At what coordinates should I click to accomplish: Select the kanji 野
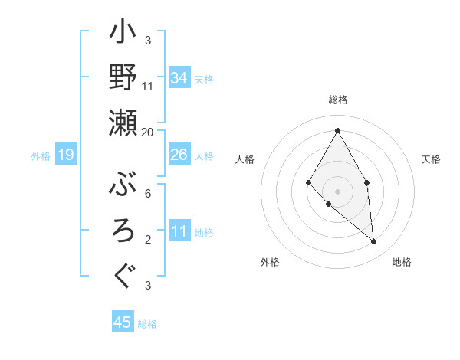click(123, 77)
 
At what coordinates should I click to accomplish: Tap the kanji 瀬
click(123, 122)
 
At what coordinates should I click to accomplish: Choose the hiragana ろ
click(123, 230)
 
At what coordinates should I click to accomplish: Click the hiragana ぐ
click(123, 274)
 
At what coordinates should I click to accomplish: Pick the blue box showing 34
click(179, 78)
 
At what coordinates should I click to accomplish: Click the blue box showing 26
click(179, 155)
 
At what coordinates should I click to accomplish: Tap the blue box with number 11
click(179, 231)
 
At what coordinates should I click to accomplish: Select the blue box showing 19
click(65, 155)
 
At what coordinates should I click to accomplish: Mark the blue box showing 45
click(123, 322)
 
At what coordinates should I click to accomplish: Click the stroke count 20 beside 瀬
click(148, 133)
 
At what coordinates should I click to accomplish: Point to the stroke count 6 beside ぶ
click(148, 193)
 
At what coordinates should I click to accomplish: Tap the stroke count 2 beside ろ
click(148, 240)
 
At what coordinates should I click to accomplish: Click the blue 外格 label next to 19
click(41, 156)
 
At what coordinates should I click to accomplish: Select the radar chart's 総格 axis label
click(338, 100)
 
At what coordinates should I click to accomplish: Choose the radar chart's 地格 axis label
click(402, 262)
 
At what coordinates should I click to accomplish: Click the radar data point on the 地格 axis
click(373, 241)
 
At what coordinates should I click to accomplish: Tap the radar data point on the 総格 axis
click(337, 130)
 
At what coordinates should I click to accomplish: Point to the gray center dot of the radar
click(337, 190)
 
